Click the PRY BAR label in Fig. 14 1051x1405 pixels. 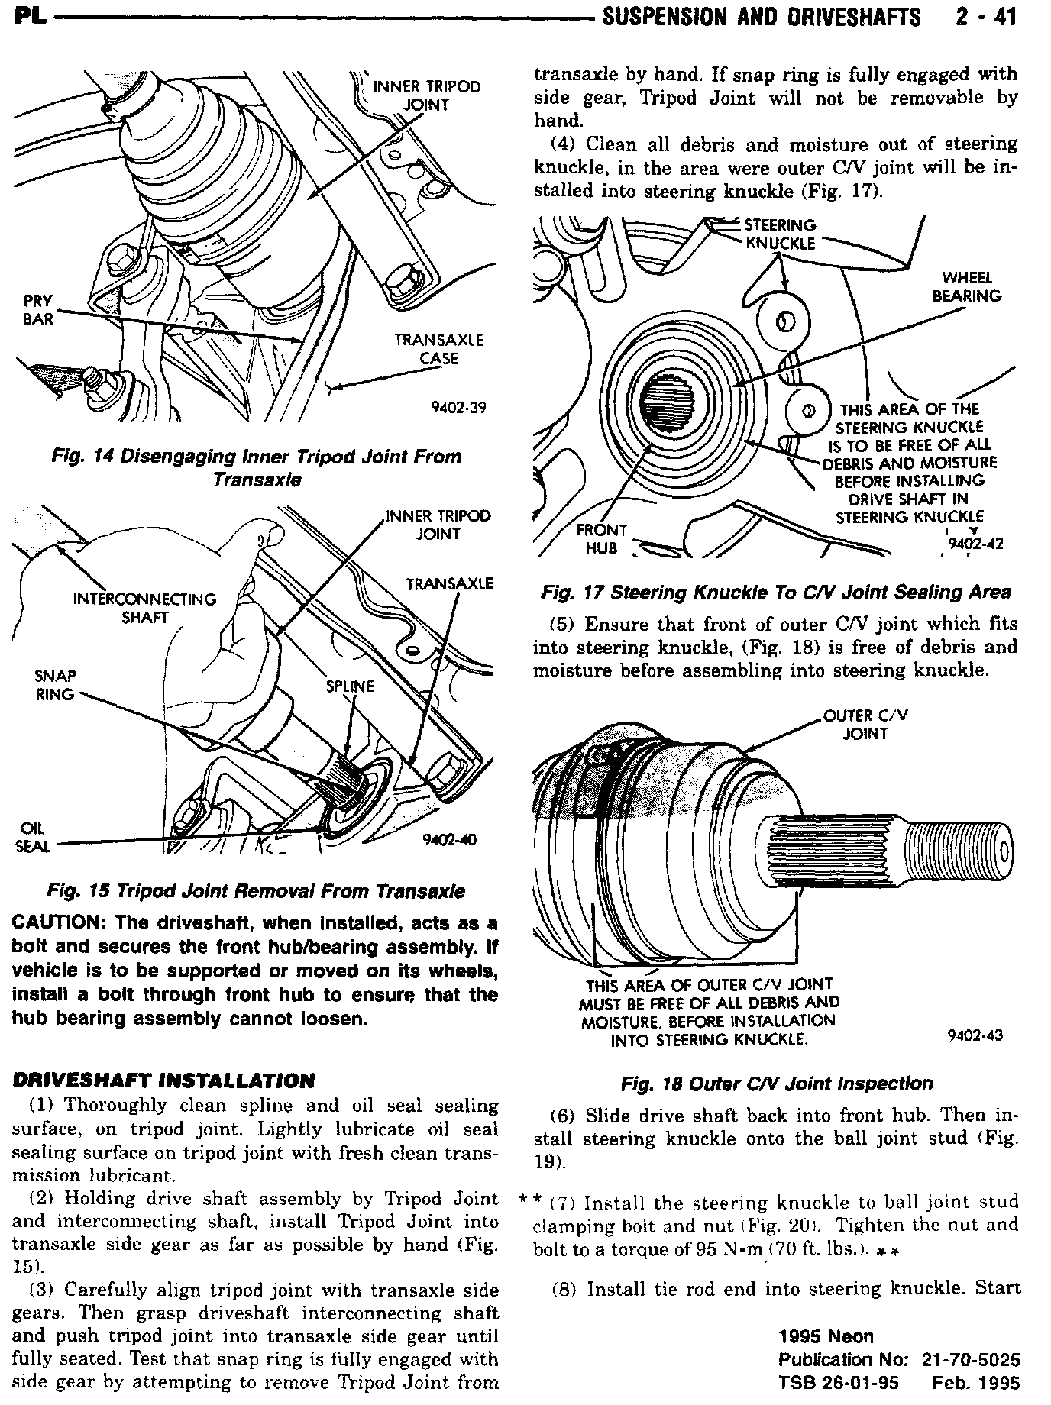click(x=37, y=310)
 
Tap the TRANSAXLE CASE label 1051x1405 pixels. click(x=438, y=349)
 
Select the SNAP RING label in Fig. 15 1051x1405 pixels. click(x=54, y=685)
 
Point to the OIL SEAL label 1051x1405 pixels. click(x=32, y=837)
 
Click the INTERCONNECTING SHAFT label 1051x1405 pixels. click(x=144, y=608)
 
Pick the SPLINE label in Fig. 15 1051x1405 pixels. click(x=350, y=686)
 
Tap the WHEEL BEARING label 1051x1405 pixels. click(x=966, y=287)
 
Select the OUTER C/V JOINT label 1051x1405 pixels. click(x=865, y=725)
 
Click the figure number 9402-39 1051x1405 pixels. click(x=458, y=407)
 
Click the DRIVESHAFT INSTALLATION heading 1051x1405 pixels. click(x=163, y=1080)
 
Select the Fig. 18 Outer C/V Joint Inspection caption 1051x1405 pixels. click(x=776, y=1084)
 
